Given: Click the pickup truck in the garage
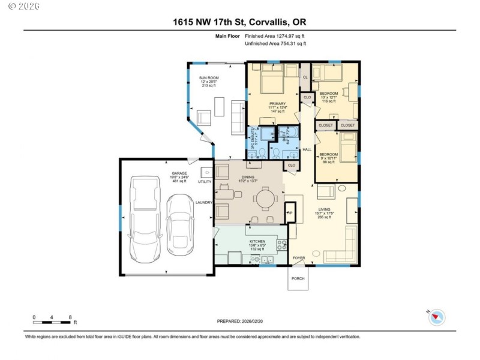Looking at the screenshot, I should (143, 217).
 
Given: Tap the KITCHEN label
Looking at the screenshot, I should (257, 241).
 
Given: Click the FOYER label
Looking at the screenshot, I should (298, 258).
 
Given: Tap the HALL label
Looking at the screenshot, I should (307, 149).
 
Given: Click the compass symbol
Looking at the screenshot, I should (436, 317).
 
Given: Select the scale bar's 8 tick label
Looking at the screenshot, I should (70, 317).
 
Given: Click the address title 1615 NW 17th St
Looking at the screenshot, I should (239, 23).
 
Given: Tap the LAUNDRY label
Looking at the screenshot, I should (205, 202).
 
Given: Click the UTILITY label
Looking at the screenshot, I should (205, 181).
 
